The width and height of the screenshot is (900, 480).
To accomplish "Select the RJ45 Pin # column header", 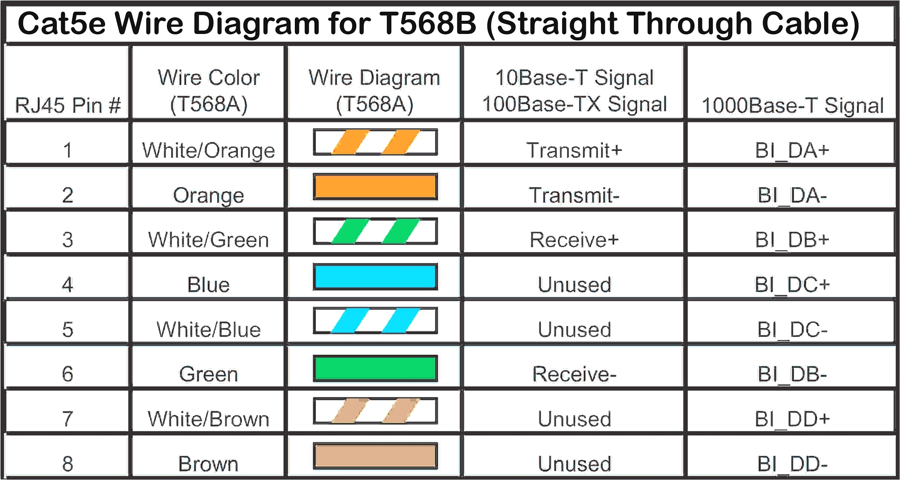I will coord(68,105).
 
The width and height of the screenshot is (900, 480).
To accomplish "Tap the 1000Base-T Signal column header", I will coord(792,105).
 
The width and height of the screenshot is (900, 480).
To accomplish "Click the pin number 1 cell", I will coord(67,150).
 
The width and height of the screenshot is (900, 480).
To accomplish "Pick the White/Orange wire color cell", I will coord(209,150).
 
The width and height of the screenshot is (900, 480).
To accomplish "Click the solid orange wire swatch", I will coord(375,187).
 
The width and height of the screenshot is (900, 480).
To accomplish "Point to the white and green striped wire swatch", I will coord(375,231).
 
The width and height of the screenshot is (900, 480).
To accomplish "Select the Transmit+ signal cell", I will coord(574,150).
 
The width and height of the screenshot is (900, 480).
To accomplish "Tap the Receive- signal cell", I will coord(574,374).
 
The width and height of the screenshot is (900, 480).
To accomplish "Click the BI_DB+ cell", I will coord(792,240).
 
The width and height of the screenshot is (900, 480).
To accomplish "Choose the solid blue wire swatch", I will coord(375,277).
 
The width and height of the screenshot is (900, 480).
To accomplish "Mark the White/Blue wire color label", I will coord(209,329).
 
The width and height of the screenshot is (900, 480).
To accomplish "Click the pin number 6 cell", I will coord(67,374).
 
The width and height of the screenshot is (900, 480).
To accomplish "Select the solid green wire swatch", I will coord(375,368).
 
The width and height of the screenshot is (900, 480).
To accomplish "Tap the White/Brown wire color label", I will coord(209,419).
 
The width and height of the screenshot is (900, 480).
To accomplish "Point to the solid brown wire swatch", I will coord(375,456).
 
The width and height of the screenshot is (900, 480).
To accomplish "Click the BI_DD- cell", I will coord(792,464).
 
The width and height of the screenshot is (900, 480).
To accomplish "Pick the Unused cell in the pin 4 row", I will coord(574,285).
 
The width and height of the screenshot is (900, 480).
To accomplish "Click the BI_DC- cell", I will coord(792,329).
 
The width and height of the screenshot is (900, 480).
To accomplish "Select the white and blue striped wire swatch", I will coord(375,321).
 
